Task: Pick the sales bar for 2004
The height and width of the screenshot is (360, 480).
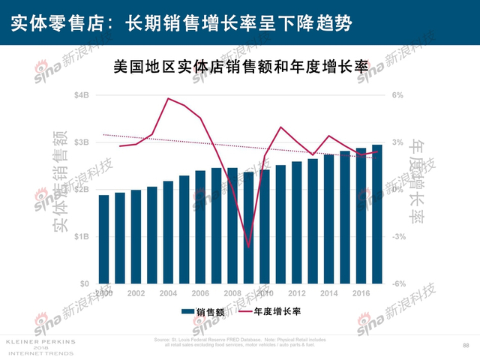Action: coord(167,232)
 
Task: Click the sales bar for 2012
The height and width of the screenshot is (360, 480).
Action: coord(296,222)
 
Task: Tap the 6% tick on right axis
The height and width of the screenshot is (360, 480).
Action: coord(397,95)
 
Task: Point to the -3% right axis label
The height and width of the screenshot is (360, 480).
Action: coord(399,236)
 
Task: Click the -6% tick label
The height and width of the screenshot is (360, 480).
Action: coord(399,283)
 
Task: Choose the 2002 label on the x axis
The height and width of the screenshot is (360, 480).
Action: coord(136,293)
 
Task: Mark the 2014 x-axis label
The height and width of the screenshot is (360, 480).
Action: coord(328,293)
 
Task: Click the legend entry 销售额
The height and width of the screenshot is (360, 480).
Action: coord(203,312)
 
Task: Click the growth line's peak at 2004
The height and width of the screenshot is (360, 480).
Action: coord(169,98)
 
